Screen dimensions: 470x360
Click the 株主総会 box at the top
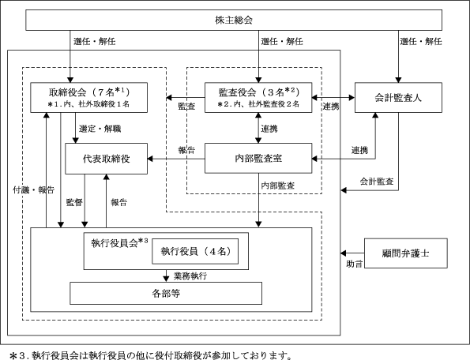pyautogui.click(x=234, y=20)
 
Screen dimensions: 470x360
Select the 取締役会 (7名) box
pyautogui.click(x=89, y=98)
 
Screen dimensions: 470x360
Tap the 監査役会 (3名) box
pyautogui.click(x=258, y=98)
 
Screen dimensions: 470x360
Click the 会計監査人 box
pyautogui.click(x=398, y=98)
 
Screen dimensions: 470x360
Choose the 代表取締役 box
pyautogui.click(x=107, y=159)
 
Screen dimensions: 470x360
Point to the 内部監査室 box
pyautogui.click(x=258, y=158)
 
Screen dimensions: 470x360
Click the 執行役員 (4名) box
pyautogui.click(x=195, y=251)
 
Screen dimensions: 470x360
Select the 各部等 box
pyautogui.click(x=166, y=293)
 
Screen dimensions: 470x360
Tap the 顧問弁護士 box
pyautogui.click(x=406, y=253)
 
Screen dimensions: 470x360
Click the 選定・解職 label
pyautogui.click(x=100, y=129)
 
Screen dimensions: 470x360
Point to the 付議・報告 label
pyautogui.click(x=33, y=189)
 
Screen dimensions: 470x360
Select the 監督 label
pyautogui.click(x=74, y=202)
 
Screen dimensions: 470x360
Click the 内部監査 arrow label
pyautogui.click(x=278, y=186)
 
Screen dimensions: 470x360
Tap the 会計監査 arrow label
pyautogui.click(x=377, y=182)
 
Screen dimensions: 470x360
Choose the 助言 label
pyautogui.click(x=355, y=264)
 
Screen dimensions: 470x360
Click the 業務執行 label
pyautogui.click(x=190, y=276)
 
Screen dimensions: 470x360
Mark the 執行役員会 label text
pyautogui.click(x=115, y=243)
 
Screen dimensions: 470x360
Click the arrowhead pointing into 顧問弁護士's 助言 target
pyautogui.click(x=344, y=253)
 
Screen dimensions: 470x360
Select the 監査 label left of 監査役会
pyautogui.click(x=186, y=106)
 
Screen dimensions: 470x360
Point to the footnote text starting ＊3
pyautogui.click(x=150, y=355)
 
